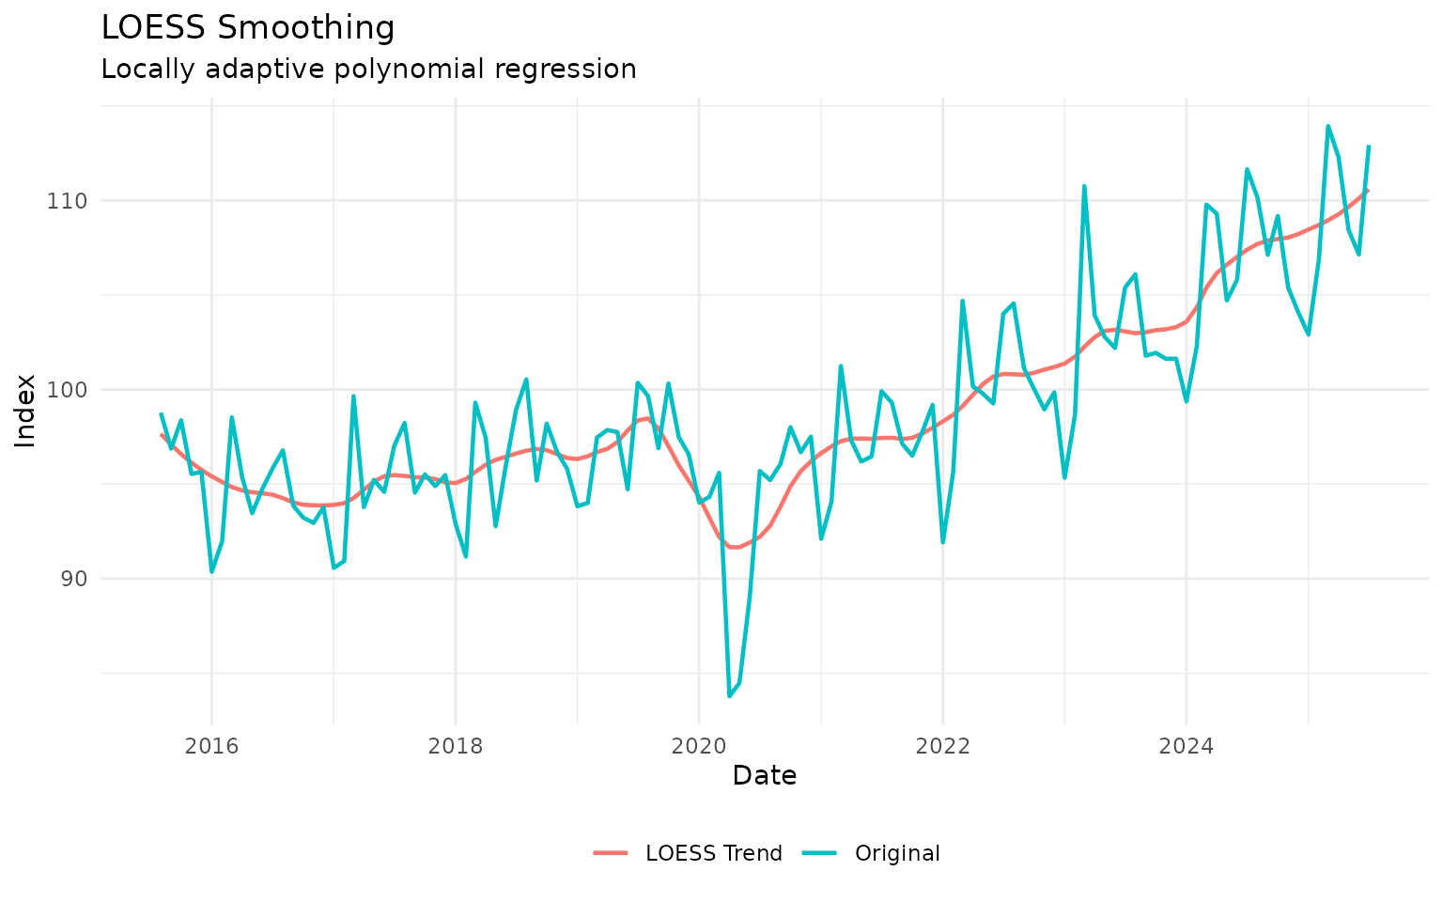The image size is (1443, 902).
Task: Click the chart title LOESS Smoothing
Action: coord(248,28)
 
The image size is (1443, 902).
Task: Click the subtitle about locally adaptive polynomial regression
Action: coord(368,70)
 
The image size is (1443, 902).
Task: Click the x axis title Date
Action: coord(765,776)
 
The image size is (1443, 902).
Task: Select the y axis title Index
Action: coord(26,411)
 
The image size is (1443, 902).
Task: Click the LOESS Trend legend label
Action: coord(714,853)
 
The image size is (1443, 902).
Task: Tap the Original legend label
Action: coord(897,853)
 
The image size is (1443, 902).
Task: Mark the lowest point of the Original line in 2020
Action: coord(729,695)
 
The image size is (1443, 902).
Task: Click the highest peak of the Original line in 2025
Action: coord(1327,126)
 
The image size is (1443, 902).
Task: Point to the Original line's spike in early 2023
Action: coord(1084,186)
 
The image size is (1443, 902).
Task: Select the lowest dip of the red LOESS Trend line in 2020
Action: coord(734,547)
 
